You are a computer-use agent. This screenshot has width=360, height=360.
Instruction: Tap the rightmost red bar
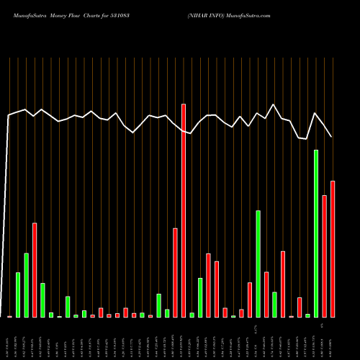pyautogui.click(x=333, y=248)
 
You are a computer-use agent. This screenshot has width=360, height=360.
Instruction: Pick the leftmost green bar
pyautogui.click(x=18, y=294)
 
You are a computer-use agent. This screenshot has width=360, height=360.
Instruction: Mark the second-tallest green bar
pyautogui.click(x=258, y=264)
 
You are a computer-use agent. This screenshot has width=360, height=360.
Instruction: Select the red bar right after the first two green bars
pyautogui.click(x=35, y=270)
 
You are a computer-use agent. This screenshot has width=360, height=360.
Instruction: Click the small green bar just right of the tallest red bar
pyautogui.click(x=192, y=315)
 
